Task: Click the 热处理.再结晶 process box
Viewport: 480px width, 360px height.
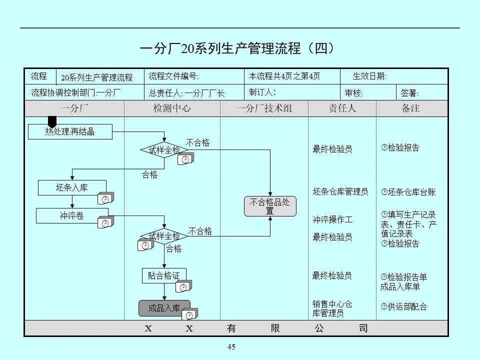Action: point(70,132)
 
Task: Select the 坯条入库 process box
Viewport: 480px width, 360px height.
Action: point(72,188)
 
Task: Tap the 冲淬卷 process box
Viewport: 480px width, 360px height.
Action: point(72,216)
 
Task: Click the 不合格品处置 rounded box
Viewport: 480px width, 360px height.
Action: point(270,206)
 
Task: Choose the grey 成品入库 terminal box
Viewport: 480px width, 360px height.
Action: point(164,308)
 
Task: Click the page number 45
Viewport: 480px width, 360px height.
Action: point(231,347)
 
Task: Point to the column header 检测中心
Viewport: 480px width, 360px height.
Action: point(171,108)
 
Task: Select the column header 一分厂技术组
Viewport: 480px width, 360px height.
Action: point(263,108)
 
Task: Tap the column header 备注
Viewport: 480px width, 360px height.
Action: point(410,108)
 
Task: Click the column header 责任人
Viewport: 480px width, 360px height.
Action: point(342,108)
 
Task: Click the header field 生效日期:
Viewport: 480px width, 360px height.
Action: point(369,76)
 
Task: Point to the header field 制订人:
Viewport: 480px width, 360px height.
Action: point(262,92)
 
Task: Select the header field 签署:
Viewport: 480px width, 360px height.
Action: point(410,93)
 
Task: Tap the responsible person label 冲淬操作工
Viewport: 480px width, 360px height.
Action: point(332,219)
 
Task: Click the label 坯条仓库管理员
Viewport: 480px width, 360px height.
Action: point(340,191)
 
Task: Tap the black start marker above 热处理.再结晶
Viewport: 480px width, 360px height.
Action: point(52,121)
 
